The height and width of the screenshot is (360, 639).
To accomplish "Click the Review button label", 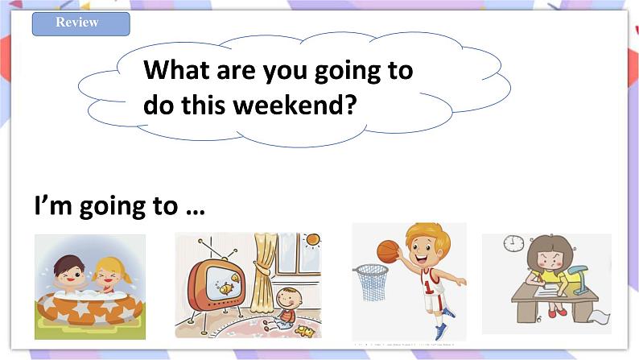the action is (x=77, y=22).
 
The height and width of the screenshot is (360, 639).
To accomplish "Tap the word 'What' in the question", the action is (x=176, y=70).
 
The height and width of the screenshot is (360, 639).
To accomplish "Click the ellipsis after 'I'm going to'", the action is (x=196, y=212).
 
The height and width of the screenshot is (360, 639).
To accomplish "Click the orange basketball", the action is (x=388, y=251).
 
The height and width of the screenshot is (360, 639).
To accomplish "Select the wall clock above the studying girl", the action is (x=513, y=243).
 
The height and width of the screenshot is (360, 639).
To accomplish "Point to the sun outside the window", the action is (x=312, y=239).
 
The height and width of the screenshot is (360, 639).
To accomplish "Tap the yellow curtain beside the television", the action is (x=263, y=277).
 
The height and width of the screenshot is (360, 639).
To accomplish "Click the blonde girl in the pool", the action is (x=112, y=275).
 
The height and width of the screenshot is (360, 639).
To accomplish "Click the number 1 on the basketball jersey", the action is (x=427, y=287).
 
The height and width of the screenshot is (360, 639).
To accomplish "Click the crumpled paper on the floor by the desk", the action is (x=599, y=316).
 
